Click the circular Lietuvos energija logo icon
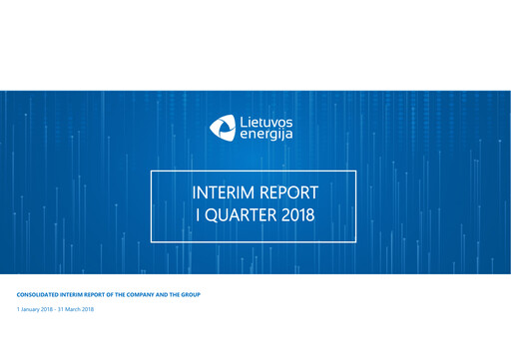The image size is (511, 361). [x=223, y=127]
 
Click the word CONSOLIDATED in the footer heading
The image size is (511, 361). [x=41, y=296]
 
